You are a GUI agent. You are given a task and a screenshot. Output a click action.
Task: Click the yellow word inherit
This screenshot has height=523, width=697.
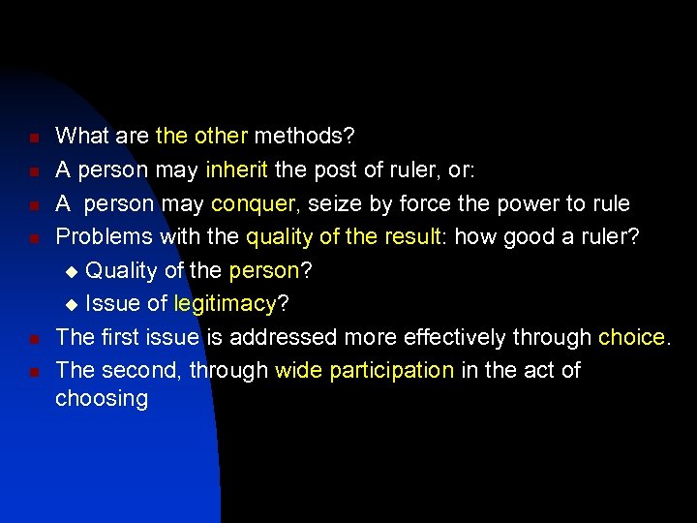238,170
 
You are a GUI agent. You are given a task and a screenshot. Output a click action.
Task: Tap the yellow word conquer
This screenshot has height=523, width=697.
253,203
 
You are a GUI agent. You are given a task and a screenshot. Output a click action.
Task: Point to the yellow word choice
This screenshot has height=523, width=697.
632,337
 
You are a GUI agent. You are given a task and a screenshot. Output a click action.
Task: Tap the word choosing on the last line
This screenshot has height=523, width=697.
102,398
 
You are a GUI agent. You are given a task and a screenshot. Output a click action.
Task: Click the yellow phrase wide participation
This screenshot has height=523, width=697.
365,370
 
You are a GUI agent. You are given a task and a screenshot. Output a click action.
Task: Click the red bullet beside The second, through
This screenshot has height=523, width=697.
33,372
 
